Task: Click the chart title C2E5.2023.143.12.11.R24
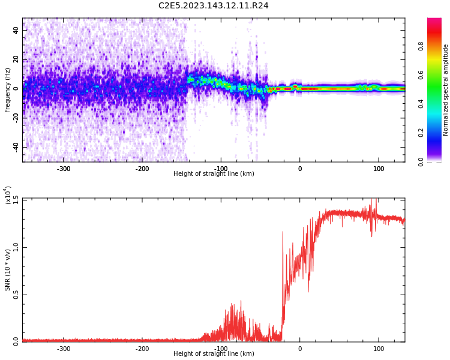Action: tap(213, 6)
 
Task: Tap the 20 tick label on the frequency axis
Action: tap(16, 59)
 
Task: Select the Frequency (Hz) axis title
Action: tap(8, 90)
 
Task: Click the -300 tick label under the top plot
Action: tap(64, 169)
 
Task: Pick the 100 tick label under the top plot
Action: tap(379, 169)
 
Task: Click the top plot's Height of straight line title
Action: tap(214, 174)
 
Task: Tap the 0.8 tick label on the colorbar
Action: tap(421, 46)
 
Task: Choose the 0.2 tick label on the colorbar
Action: tap(421, 133)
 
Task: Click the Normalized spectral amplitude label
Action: tap(446, 90)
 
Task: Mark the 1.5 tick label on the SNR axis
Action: tap(16, 199)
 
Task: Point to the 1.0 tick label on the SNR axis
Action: tap(16, 247)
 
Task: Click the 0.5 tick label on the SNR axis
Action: tap(16, 294)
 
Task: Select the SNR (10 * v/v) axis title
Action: tap(8, 270)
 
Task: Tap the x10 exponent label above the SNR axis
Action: tap(8, 195)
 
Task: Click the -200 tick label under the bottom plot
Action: tap(142, 349)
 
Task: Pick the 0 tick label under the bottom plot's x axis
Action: tap(300, 349)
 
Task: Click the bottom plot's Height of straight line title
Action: tap(214, 354)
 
